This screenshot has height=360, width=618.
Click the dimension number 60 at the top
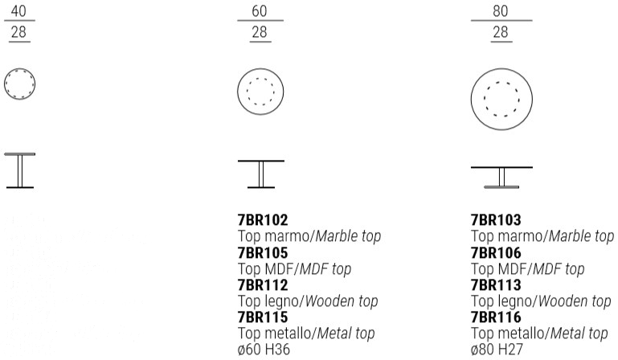pos(259,10)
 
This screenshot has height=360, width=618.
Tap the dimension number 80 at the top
pos(500,10)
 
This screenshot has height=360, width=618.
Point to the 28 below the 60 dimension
pos(259,33)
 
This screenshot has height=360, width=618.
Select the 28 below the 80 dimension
pos(500,33)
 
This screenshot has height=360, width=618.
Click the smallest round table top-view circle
pos(21,84)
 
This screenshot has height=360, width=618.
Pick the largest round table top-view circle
pos(501,99)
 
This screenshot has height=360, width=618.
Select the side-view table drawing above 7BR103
pos(501,178)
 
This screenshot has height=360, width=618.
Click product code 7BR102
pos(263,220)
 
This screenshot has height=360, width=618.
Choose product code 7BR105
pos(263,253)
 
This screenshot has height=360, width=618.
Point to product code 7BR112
pos(263,285)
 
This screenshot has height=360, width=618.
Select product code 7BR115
pos(263,317)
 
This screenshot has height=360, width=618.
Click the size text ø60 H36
pos(264,350)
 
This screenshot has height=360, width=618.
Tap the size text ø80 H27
pos(497,350)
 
